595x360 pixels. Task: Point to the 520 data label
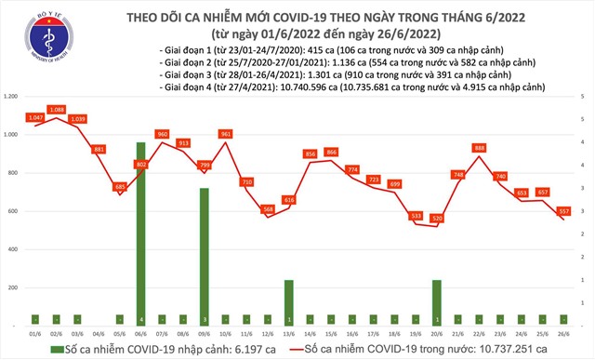[437, 219]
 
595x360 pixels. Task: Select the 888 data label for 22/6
[479, 148]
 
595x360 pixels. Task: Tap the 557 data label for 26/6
[563, 211]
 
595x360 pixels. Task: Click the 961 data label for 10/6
[225, 134]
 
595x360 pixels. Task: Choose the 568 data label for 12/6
[268, 209]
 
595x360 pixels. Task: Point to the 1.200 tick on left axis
[13, 96]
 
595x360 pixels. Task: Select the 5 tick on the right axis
[582, 96]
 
